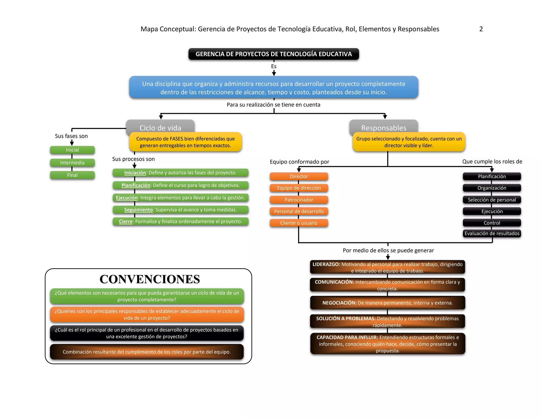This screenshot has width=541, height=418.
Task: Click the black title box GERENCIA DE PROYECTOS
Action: [273, 54]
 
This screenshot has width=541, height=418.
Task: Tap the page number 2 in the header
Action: [481, 29]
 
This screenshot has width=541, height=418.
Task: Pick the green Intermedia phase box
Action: [72, 163]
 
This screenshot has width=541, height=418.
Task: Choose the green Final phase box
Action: [72, 175]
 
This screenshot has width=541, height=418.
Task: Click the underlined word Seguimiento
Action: [138, 210]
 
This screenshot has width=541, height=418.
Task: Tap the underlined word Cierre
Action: [125, 222]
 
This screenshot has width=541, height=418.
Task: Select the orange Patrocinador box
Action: [299, 200]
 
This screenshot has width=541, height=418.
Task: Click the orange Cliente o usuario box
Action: [299, 223]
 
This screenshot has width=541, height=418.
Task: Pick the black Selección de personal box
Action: [492, 200]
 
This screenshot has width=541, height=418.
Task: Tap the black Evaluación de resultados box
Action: [492, 234]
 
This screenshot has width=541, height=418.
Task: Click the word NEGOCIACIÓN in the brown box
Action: [339, 303]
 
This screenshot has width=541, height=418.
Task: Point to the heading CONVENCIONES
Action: [150, 279]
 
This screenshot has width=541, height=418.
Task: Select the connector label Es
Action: [274, 66]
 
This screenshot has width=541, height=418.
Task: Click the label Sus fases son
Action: [71, 136]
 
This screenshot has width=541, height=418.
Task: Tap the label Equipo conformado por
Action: [299, 162]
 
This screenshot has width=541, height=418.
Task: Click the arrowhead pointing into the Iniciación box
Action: [134, 166]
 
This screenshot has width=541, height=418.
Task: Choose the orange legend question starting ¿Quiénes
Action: [147, 314]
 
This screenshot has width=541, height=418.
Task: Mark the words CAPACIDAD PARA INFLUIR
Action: [347, 337]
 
